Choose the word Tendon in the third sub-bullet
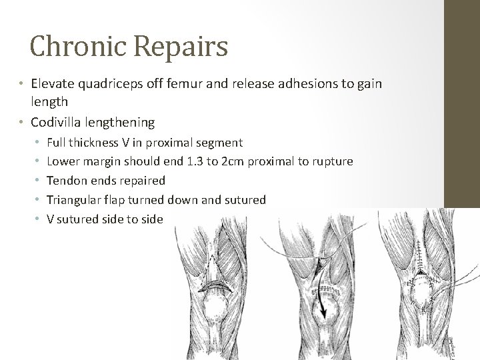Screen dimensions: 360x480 [x=65, y=181]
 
